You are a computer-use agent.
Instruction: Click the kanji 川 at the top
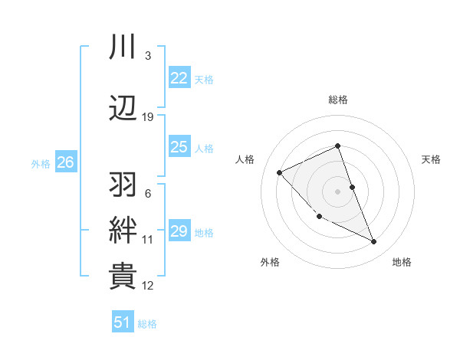123,47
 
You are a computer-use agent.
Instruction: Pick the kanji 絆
123,230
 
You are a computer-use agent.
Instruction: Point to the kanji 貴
123,276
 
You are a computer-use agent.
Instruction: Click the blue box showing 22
179,78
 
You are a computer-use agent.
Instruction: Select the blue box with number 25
179,147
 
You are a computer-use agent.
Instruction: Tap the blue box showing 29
179,231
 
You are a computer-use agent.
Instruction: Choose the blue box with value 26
65,162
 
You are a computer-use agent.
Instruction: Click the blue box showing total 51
123,322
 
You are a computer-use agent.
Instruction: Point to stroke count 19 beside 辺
148,116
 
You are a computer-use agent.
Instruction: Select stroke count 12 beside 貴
148,286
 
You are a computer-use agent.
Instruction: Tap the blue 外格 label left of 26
41,163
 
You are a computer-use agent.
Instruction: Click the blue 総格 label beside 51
147,324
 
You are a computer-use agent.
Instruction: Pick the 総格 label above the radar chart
337,100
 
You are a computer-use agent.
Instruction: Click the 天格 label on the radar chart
432,159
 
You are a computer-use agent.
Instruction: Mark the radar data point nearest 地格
374,242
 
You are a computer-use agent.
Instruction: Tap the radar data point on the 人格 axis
280,172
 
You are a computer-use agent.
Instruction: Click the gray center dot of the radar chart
337,191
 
